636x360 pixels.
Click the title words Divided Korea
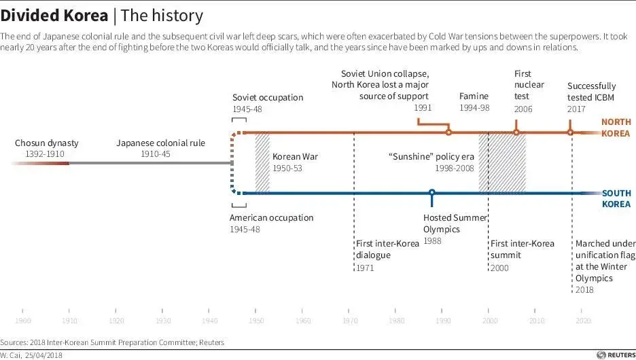(54, 15)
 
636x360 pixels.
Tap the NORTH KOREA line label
(616, 128)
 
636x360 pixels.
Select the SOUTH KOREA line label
(616, 198)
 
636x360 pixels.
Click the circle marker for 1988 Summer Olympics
(431, 193)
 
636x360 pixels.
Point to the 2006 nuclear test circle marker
(516, 132)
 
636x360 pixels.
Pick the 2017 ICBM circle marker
(570, 132)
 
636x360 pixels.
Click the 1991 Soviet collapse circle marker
(448, 132)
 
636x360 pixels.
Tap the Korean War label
(295, 157)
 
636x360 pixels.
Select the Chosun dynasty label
(47, 143)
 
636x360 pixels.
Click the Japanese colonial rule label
(160, 143)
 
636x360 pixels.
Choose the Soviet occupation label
(268, 98)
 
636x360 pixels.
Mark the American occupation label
(271, 218)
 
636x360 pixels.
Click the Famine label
(474, 96)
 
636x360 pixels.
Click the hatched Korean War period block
(262, 162)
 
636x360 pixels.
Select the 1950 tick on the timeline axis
(256, 320)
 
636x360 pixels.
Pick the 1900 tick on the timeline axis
(22, 320)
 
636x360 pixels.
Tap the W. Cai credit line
(31, 355)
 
